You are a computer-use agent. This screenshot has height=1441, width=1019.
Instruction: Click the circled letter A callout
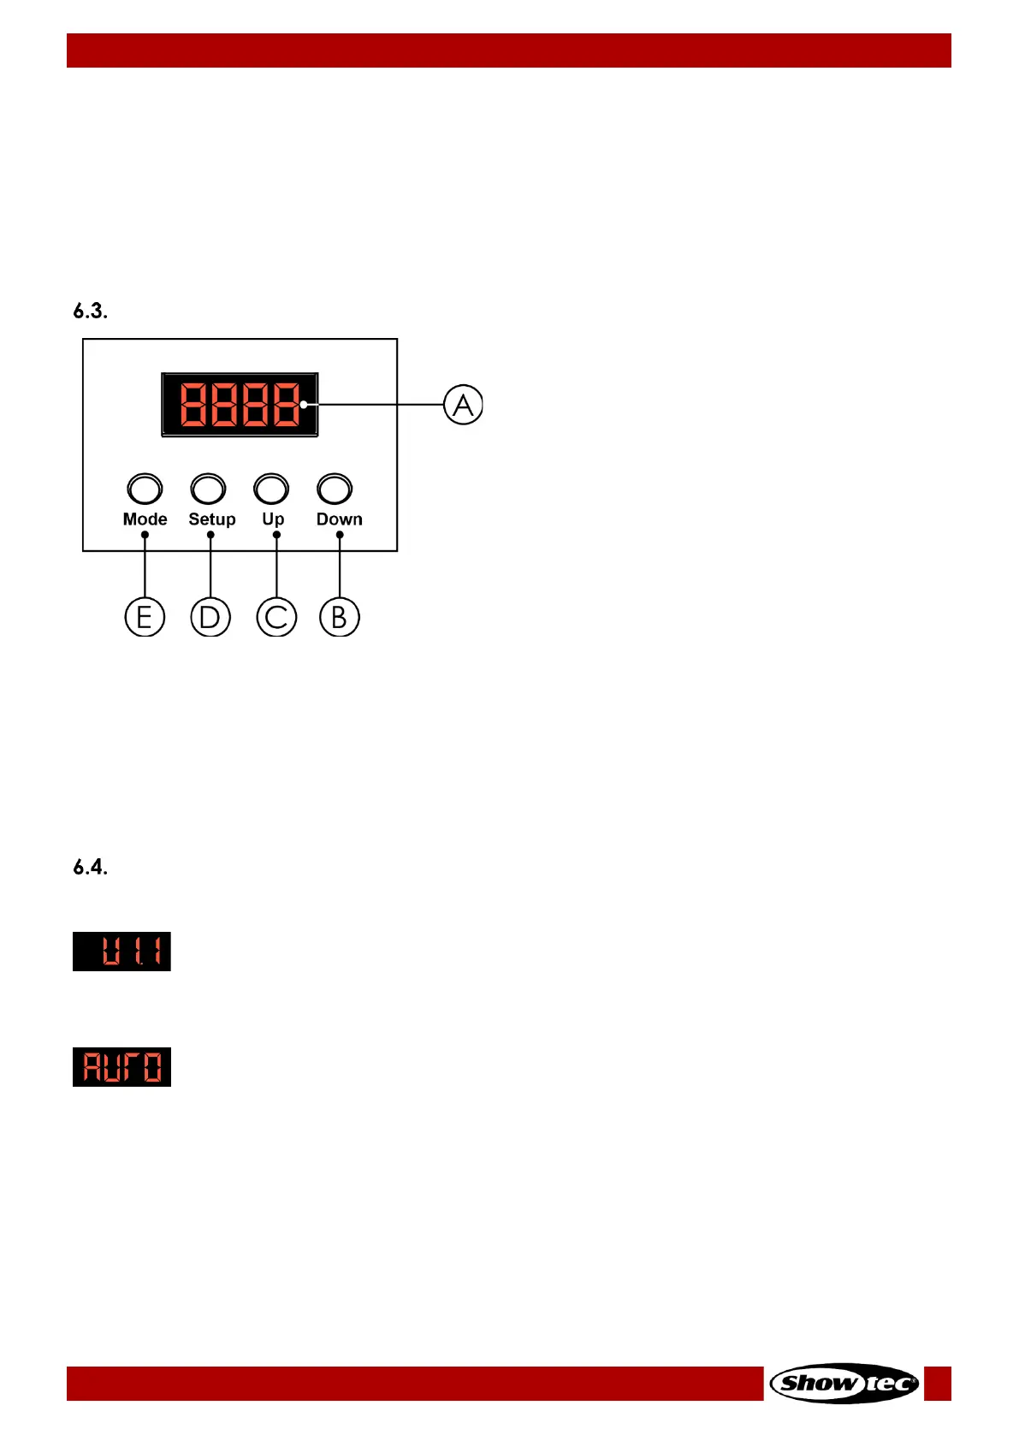click(463, 405)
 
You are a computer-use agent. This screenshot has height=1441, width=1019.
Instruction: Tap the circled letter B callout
click(340, 617)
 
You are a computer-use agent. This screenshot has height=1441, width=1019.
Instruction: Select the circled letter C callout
click(276, 617)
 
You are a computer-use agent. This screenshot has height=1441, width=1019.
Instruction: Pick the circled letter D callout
click(210, 617)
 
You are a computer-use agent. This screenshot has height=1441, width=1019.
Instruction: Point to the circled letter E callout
click(145, 617)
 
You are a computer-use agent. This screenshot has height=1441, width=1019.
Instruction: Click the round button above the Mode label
click(145, 489)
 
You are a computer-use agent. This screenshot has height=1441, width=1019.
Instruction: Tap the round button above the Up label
click(271, 489)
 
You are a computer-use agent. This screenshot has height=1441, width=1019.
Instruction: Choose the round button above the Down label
click(335, 489)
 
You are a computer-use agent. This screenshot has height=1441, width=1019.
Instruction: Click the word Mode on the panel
click(145, 519)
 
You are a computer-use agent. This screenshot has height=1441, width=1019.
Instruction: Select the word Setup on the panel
click(212, 519)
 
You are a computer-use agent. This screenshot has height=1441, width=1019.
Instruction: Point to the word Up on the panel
click(273, 519)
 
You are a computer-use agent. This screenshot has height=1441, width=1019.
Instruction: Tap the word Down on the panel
click(340, 519)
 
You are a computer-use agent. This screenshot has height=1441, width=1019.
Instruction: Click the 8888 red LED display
click(240, 405)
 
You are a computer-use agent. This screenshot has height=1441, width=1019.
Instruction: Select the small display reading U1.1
click(121, 952)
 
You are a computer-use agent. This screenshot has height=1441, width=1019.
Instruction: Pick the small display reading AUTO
click(121, 1067)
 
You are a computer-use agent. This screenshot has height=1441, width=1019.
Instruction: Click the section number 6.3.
click(90, 311)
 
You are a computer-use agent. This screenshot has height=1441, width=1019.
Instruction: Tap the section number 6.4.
click(90, 868)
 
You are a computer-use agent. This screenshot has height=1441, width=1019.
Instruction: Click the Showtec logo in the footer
click(844, 1383)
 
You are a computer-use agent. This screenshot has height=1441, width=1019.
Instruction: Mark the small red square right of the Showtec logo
click(938, 1383)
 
